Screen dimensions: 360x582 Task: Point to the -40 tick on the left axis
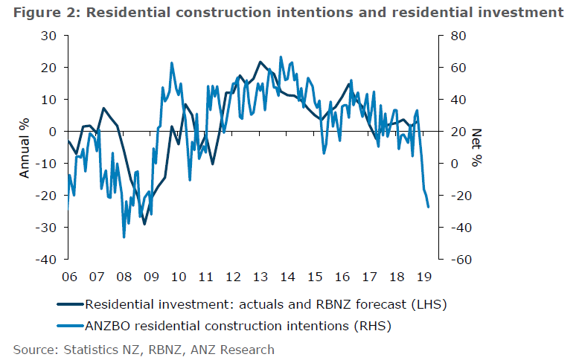[48, 260]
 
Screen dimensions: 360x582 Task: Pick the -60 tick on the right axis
[455, 260]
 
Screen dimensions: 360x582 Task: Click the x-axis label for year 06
[69, 277]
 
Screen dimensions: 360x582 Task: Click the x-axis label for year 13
[260, 277]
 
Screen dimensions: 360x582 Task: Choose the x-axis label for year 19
[423, 277]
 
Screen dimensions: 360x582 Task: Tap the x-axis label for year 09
[151, 277]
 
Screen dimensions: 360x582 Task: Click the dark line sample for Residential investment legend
[70, 304]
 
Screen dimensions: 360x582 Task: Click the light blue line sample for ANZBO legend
[70, 325]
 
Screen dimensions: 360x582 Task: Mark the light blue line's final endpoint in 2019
[429, 207]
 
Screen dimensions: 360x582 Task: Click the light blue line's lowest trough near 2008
[124, 237]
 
